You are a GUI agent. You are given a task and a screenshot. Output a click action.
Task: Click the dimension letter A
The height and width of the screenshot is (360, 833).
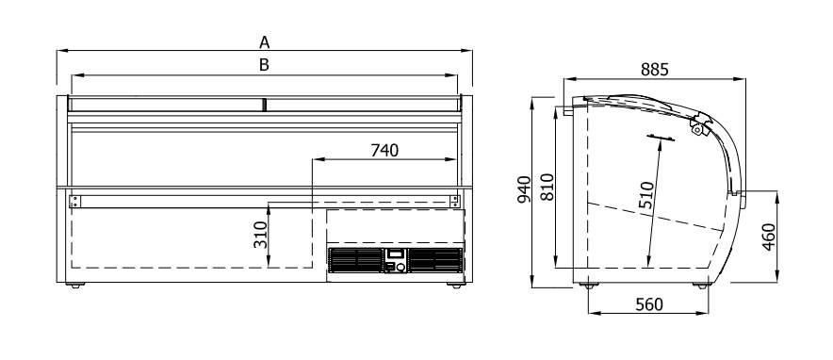click(265, 42)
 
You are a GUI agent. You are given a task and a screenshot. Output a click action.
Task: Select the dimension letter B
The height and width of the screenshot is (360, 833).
click(264, 65)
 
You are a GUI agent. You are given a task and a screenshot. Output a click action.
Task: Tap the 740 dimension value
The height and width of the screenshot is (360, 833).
click(384, 151)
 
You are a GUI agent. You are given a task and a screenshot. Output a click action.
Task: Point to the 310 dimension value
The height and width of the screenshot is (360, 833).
click(260, 235)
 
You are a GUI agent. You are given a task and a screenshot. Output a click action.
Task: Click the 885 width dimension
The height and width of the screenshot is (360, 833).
click(654, 70)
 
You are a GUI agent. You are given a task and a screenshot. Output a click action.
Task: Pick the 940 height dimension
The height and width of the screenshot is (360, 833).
click(524, 189)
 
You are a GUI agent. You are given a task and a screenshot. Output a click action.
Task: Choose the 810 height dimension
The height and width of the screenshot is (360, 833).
click(547, 187)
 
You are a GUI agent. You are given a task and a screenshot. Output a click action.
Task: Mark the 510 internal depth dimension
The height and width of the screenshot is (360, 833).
click(646, 197)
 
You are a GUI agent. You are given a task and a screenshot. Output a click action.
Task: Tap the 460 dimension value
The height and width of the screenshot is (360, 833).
click(769, 237)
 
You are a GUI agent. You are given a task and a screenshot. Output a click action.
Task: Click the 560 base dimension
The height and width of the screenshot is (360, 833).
click(649, 304)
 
